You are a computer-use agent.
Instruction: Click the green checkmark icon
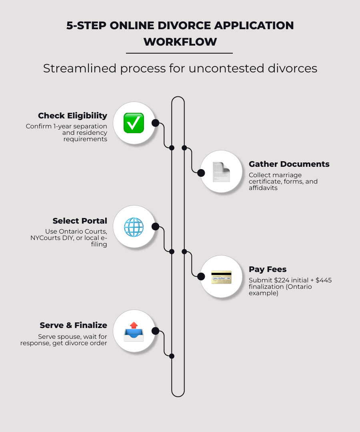pyautogui.click(x=134, y=123)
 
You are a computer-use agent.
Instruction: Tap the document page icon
pyautogui.click(x=221, y=172)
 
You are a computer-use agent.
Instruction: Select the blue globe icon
pyautogui.click(x=134, y=227)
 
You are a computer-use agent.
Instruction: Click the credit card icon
pyautogui.click(x=221, y=277)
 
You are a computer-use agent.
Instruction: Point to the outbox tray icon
pyautogui.click(x=134, y=331)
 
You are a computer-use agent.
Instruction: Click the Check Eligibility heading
pyautogui.click(x=72, y=116)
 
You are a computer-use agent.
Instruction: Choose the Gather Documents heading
pyautogui.click(x=289, y=164)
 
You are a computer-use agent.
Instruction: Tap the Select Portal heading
pyautogui.click(x=80, y=221)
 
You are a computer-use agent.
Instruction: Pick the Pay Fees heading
pyautogui.click(x=268, y=269)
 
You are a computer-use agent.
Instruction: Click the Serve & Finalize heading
pyautogui.click(x=73, y=325)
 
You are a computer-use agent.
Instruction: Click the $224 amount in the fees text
pyautogui.click(x=282, y=280)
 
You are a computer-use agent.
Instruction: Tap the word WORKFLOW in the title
pyautogui.click(x=180, y=42)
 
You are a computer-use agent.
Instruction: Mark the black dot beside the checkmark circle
pyautogui.click(x=155, y=123)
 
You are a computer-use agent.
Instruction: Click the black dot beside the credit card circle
pyautogui.click(x=200, y=276)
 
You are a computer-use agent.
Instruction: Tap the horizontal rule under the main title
pyautogui.click(x=179, y=53)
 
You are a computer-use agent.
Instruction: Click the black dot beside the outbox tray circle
pyautogui.click(x=155, y=331)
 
